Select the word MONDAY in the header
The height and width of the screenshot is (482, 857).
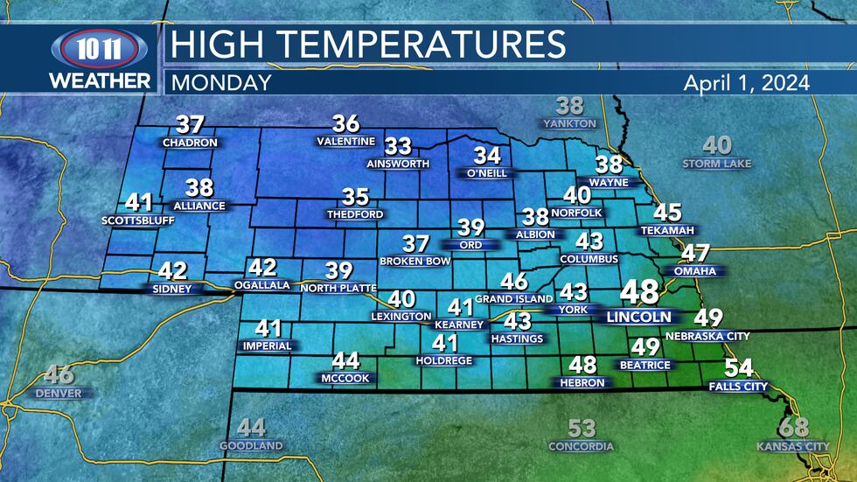point(221,83)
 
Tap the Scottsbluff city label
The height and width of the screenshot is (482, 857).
point(138,220)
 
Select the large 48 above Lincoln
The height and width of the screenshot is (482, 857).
point(638,293)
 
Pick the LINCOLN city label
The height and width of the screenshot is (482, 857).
point(638,317)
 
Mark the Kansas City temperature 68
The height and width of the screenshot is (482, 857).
point(795,429)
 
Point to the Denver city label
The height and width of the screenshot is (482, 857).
point(59,394)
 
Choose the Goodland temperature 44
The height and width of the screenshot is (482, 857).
point(251,428)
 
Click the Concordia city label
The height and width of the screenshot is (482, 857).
point(582,446)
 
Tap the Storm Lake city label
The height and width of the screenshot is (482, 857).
point(717,164)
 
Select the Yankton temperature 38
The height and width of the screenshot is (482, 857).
point(569,107)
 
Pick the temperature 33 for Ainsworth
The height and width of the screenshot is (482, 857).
point(399,145)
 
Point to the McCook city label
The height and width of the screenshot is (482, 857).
point(345,378)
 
